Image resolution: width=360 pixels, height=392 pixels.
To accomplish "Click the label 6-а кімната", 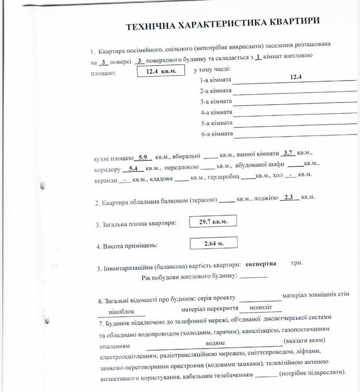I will pyautogui.click(x=216, y=134).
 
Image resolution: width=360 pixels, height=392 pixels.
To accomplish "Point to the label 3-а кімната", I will pyautogui.click(x=216, y=101).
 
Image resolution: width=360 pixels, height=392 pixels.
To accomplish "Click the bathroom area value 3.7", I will pyautogui.click(x=288, y=152).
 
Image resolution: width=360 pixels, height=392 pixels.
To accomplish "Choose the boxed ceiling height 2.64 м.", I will pyautogui.click(x=213, y=243).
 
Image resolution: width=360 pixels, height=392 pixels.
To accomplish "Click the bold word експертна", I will pyautogui.click(x=260, y=264).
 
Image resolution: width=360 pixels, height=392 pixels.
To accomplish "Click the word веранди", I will pyautogui.click(x=106, y=180).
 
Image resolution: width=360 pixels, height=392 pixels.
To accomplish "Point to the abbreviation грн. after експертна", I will pyautogui.click(x=297, y=263).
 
